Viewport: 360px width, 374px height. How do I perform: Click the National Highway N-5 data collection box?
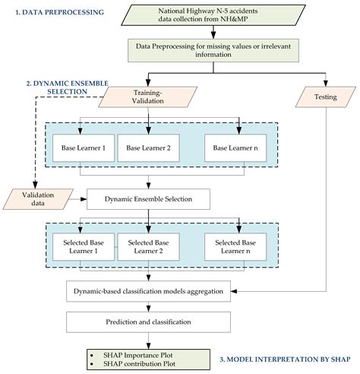coord(213,15)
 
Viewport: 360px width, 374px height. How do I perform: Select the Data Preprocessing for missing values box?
coord(213,50)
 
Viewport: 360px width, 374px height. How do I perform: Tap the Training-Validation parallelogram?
coord(148,97)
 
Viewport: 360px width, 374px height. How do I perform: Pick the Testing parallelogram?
coord(326,97)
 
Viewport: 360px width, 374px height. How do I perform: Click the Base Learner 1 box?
coord(84,148)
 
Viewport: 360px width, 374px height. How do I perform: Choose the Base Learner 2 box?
coord(148,148)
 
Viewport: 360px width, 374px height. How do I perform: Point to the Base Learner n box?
coord(235,148)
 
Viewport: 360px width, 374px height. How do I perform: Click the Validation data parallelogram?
coord(38,199)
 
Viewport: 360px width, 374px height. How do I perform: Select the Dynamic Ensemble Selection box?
coord(148,199)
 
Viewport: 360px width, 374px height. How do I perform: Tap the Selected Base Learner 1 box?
coord(84,247)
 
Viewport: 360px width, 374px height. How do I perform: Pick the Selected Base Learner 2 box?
coord(148,247)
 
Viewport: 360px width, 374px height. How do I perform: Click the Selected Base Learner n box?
coord(235,247)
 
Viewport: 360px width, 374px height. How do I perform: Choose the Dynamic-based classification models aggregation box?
coord(148,291)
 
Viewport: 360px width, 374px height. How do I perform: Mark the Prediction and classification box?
coord(148,322)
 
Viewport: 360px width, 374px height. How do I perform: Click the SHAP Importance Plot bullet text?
coord(138,355)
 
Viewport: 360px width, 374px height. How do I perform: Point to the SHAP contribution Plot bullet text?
coord(139,363)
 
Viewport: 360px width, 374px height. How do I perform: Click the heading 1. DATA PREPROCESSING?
coord(60,12)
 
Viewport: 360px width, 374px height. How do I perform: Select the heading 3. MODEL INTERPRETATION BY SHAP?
coord(285,360)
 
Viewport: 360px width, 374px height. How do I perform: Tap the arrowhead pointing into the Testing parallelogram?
coord(326,84)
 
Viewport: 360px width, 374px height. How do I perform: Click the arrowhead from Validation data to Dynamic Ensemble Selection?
coord(84,199)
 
